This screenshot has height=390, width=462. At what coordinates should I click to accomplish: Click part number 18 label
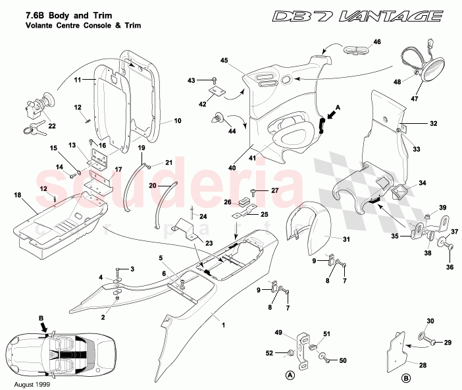tap(17, 196)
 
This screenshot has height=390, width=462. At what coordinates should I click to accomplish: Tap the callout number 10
tap(176, 121)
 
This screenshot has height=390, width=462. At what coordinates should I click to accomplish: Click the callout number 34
tap(422, 183)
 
